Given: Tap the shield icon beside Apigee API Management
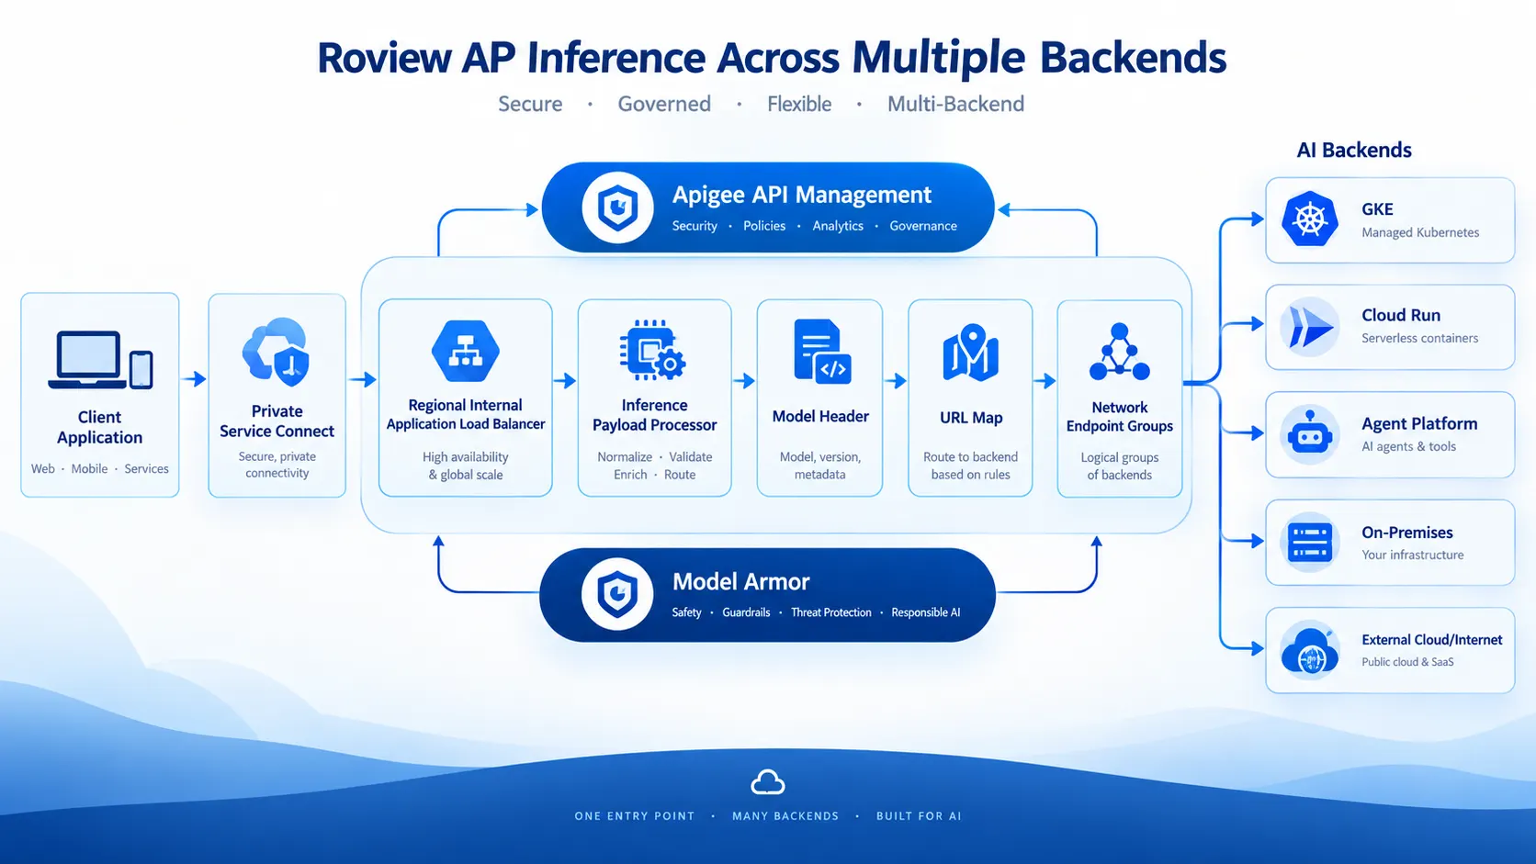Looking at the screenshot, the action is (x=617, y=208).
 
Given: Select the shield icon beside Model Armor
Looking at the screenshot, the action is (x=617, y=593).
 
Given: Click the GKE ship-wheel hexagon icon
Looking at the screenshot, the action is (x=1310, y=219).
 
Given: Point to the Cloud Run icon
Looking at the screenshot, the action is (x=1310, y=327).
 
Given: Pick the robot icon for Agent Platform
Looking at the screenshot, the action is (x=1310, y=434).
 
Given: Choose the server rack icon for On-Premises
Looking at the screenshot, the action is (x=1310, y=542).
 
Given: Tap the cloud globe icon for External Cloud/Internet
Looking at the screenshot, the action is (x=1310, y=650).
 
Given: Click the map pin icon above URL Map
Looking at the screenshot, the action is (x=970, y=353).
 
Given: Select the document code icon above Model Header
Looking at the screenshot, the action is (x=822, y=352).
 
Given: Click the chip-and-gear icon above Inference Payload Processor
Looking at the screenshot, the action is (x=652, y=350).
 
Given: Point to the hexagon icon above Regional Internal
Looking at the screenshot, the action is (x=466, y=351).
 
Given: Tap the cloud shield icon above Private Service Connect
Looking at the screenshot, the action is (x=277, y=352).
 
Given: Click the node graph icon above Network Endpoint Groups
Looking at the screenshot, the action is (x=1119, y=352).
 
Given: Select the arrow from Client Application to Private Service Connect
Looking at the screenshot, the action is (x=194, y=378).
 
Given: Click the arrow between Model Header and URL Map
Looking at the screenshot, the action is (x=896, y=380).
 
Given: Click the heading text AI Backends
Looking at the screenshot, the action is (x=1353, y=150).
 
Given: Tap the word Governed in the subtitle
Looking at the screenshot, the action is (x=664, y=104).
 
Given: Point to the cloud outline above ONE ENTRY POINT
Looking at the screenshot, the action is (x=767, y=781).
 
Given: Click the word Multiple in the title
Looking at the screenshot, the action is (x=939, y=58).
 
